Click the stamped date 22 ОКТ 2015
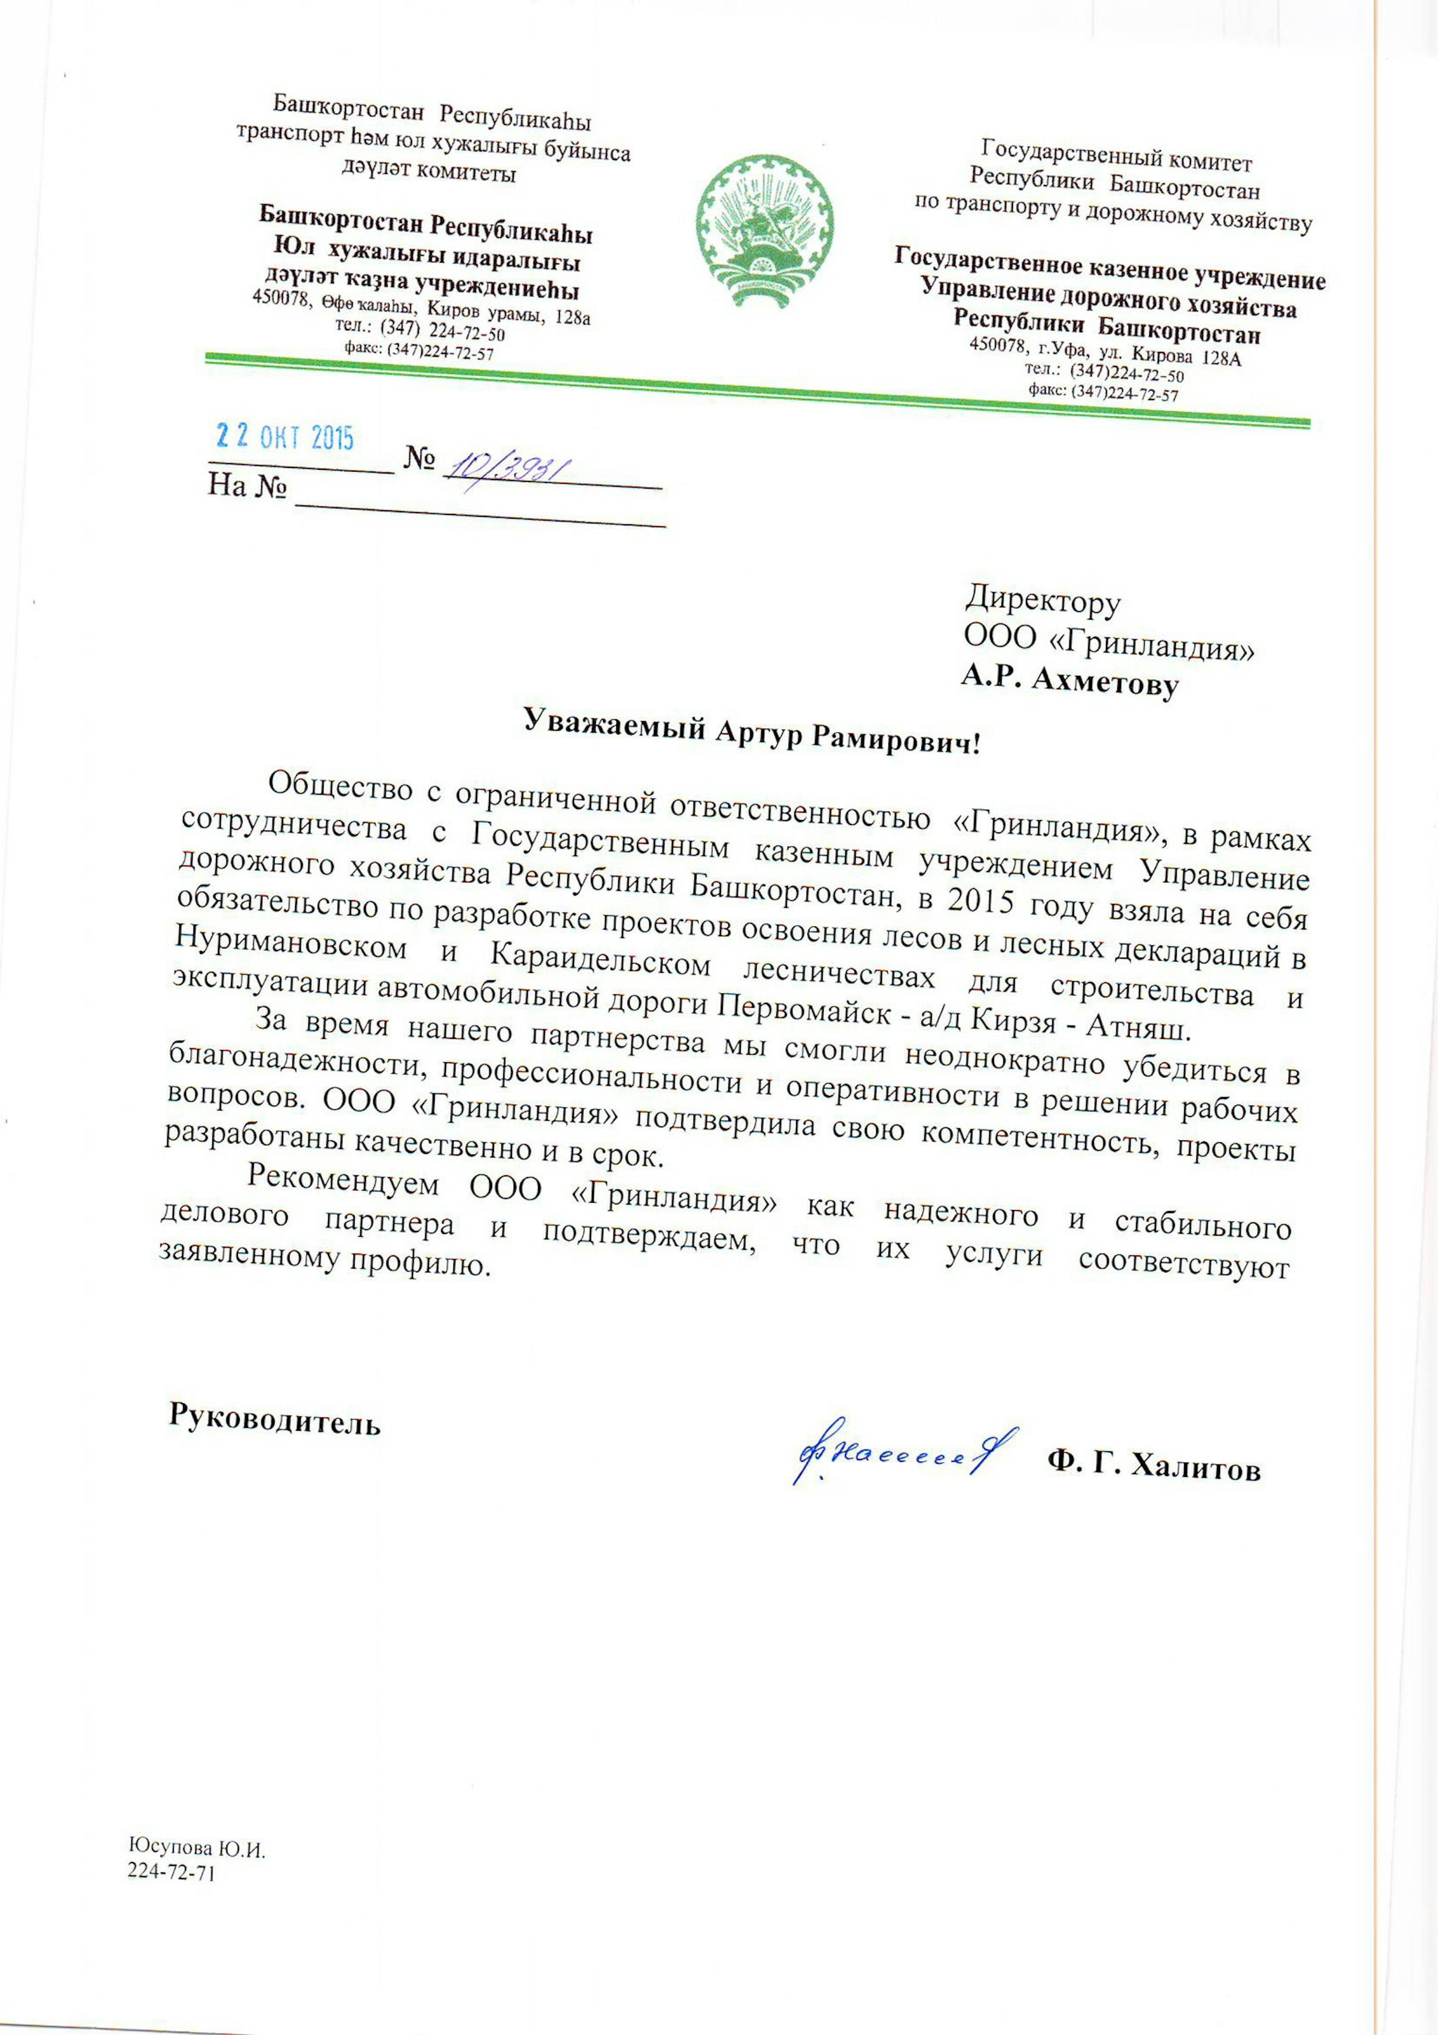coord(285,437)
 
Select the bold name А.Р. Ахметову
coord(1070,681)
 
